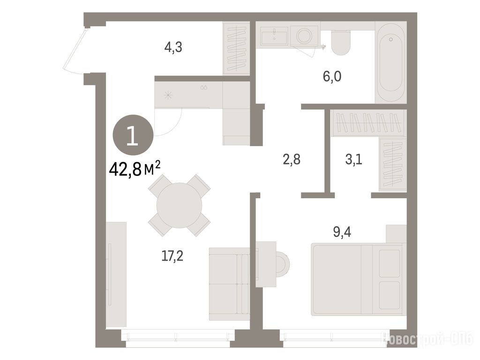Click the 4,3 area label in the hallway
pos(173,47)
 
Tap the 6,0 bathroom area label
pos(332,76)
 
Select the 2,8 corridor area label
pos(292,159)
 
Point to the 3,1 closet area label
pos(354,159)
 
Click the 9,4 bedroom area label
pos(342,232)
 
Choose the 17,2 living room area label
pos(172,255)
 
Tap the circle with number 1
pos(133,135)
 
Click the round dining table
pos(179,205)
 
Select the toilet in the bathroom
pos(341,43)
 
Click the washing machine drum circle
pos(304,36)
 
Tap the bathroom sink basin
pos(274,35)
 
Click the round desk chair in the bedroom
pos(283,264)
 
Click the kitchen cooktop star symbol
pos(168,95)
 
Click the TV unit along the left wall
pos(116,275)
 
